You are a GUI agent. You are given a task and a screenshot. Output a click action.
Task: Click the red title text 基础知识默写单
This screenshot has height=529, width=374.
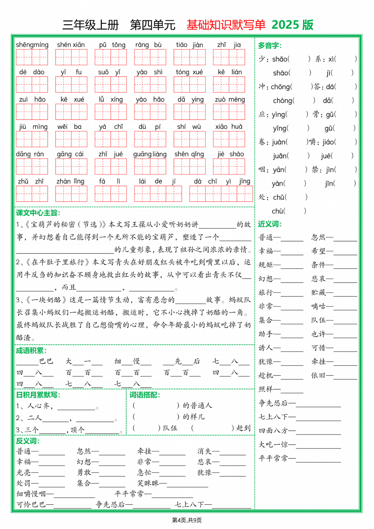(226, 25)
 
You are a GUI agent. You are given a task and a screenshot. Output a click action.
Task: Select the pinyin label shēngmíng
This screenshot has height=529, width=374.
(32, 45)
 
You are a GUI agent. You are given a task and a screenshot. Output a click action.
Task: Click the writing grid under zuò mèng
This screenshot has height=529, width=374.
(229, 112)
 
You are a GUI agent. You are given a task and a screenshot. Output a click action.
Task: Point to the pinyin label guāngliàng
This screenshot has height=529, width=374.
(150, 154)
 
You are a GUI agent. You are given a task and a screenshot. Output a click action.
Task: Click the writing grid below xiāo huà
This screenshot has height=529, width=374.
(229, 139)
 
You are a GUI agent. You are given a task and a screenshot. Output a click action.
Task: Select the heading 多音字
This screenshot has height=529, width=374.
(270, 45)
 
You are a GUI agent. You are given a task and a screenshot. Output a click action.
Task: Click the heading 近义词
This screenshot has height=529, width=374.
(270, 224)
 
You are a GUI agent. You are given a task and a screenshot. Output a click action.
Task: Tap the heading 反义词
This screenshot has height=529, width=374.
(28, 441)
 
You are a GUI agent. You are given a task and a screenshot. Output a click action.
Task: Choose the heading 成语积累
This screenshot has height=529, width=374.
(31, 351)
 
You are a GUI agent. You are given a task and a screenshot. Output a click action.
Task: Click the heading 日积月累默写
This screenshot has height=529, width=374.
(38, 395)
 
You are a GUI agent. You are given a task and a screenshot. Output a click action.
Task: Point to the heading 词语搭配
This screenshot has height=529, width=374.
(144, 395)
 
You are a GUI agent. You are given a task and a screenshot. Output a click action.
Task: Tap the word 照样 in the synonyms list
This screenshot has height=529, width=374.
(266, 389)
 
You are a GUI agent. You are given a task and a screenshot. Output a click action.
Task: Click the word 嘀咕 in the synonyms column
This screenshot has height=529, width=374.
(318, 306)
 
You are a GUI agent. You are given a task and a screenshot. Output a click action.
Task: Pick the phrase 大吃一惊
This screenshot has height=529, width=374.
(273, 444)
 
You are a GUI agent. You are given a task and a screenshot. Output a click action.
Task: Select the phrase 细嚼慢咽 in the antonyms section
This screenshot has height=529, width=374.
(31, 494)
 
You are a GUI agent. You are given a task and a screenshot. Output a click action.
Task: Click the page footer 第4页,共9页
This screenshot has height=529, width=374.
(187, 520)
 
